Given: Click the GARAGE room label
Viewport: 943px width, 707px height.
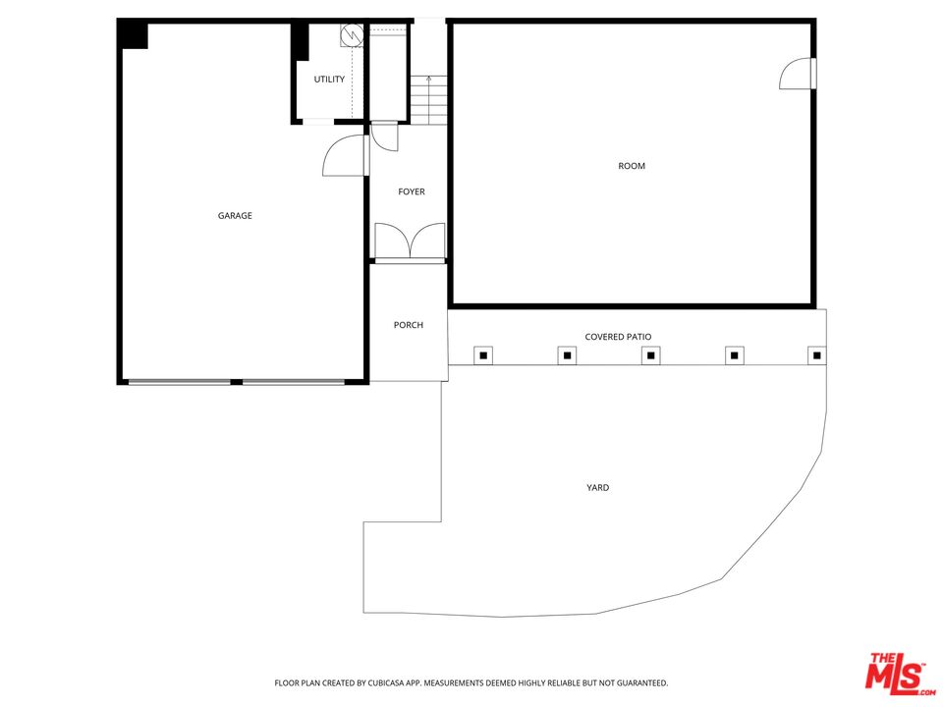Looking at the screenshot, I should pos(235,216).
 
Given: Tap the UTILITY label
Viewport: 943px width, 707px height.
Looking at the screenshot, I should pos(329,80).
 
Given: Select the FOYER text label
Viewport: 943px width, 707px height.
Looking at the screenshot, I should pos(412,191).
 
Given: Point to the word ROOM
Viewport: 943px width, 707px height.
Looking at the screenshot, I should pos(632,166).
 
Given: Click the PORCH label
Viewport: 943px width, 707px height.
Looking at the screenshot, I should pos(409,325).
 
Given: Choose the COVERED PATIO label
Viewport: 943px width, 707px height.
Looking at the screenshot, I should pos(618,337).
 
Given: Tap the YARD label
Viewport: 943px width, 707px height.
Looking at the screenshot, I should pos(597,487).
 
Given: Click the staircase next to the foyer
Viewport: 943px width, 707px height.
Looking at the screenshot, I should pos(427,99).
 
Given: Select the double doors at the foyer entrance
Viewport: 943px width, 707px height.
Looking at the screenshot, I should pos(410,242).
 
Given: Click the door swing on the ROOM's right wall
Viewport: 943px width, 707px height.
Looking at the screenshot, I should pos(798,76).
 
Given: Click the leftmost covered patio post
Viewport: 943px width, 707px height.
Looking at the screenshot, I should pos(482,354).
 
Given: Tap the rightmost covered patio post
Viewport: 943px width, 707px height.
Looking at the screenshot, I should pos(816,354).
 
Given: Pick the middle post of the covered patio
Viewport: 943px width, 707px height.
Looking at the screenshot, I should pos(650,354).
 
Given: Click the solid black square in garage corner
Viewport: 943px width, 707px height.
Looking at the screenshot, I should pos(133,34).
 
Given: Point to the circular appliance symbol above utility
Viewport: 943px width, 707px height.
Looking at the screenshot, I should pos(350,36).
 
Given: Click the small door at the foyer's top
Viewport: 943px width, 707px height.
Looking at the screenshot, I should pos(385,136).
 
